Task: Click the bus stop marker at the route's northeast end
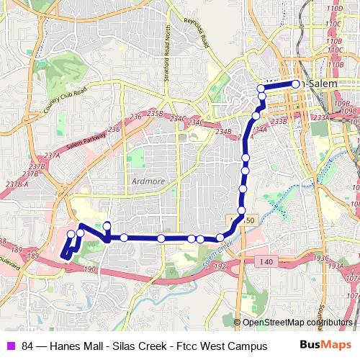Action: pos(296,84)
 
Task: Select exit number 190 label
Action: pos(90,269)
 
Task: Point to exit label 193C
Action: pos(322,258)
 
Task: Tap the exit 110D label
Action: pos(333,9)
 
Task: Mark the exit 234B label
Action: pos(223,131)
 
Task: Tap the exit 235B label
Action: pos(154,114)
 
